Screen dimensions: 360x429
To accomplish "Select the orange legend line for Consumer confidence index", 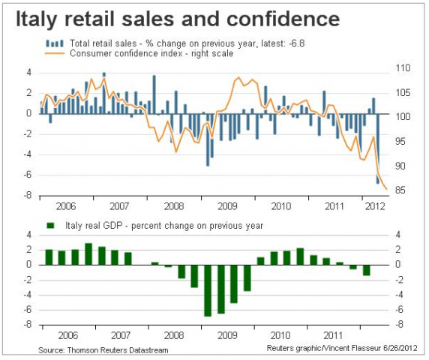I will point(50,52).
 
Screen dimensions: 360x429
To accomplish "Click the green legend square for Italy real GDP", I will point(50,224).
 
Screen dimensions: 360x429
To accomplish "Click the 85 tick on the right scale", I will point(402,190).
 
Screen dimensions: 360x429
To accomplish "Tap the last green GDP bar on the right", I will point(367,270).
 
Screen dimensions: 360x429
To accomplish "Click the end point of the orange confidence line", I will point(386,190).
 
